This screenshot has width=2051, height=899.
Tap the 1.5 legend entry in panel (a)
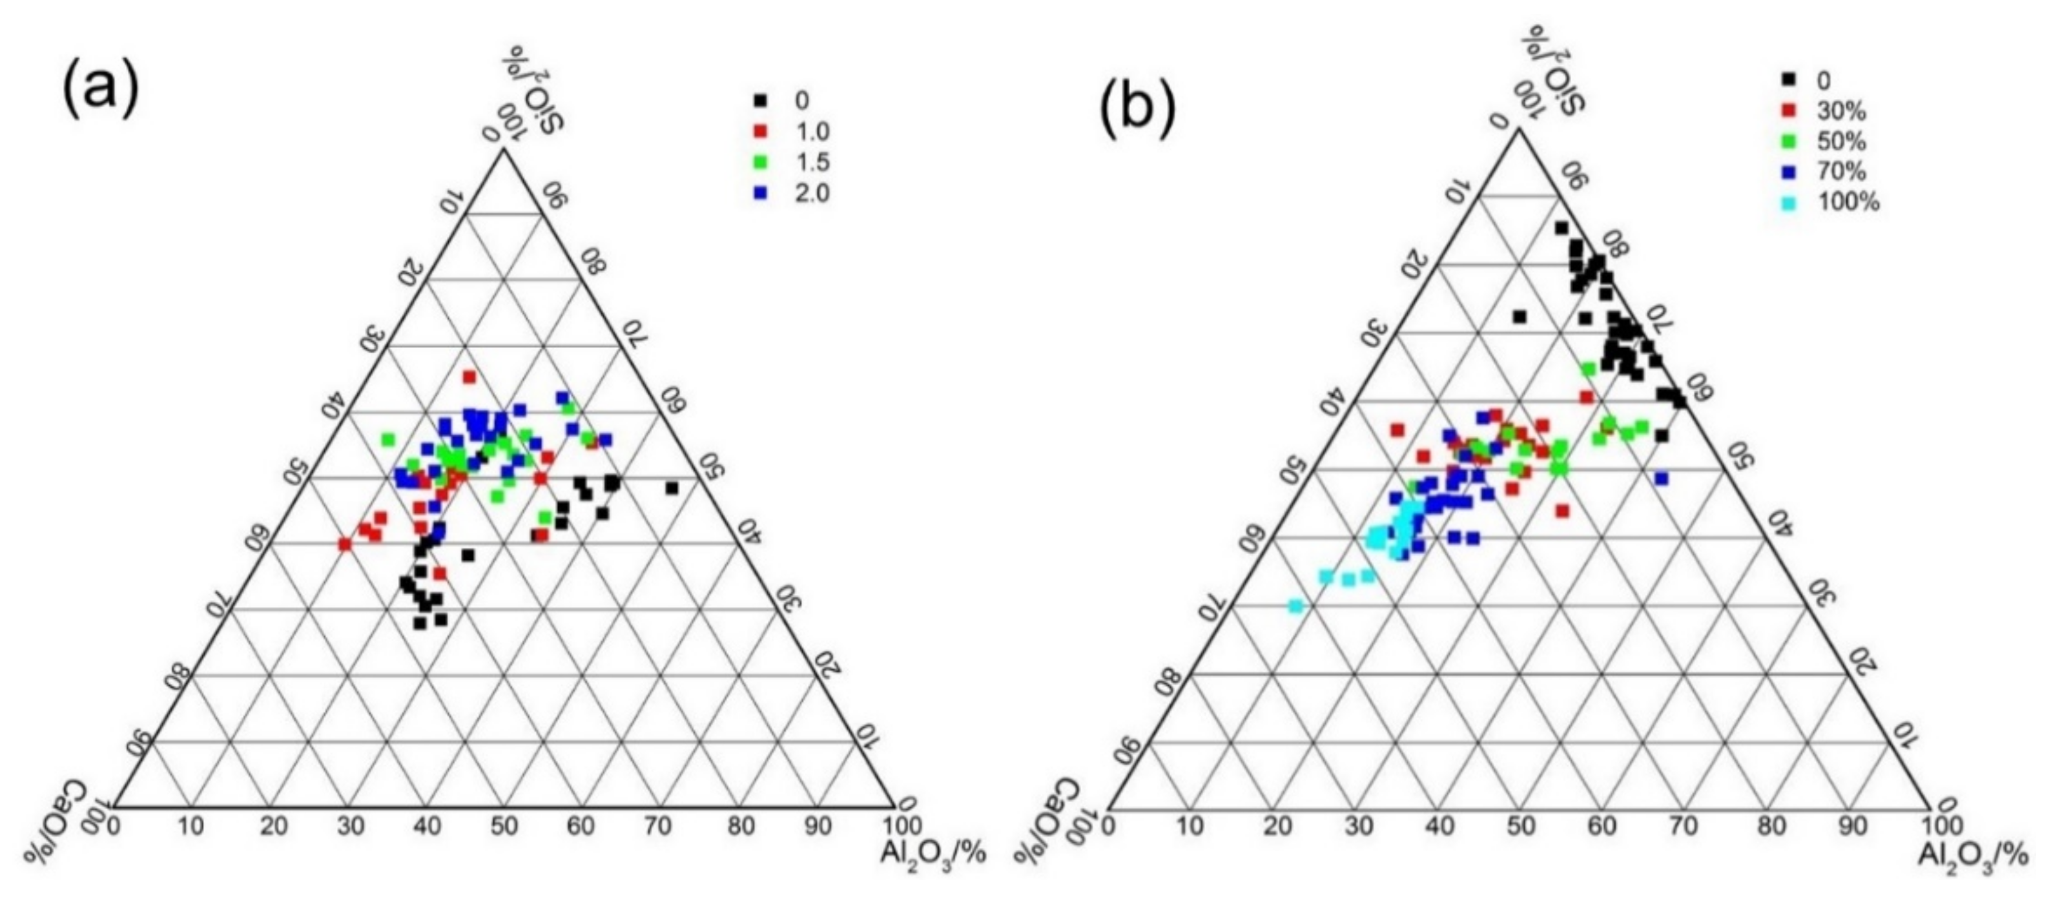click(793, 163)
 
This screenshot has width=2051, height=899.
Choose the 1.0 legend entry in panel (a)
click(793, 131)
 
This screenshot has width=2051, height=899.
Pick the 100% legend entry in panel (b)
click(1831, 202)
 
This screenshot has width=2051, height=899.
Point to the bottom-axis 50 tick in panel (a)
click(505, 827)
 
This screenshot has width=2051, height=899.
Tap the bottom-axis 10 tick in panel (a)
click(192, 827)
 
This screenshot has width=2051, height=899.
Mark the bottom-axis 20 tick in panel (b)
click(1275, 826)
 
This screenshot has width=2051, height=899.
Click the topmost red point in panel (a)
click(469, 377)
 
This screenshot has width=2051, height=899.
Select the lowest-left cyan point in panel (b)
click(1296, 607)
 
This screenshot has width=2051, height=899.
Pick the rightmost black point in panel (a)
click(672, 488)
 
